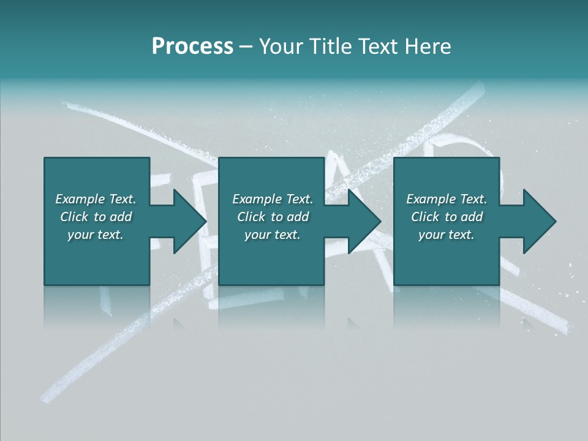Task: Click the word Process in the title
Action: coord(192,47)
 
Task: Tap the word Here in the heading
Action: coord(428,47)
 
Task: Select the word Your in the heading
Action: coord(281,47)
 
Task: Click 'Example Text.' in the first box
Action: coord(96,199)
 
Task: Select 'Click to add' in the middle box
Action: coord(273,217)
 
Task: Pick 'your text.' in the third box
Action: coord(447,235)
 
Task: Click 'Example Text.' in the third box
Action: coord(447,199)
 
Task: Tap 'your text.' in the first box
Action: coord(96,235)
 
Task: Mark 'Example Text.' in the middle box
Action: coord(273,199)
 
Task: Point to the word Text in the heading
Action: coord(379,47)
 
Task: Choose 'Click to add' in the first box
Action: coord(96,217)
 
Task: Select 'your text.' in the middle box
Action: coord(273,235)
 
